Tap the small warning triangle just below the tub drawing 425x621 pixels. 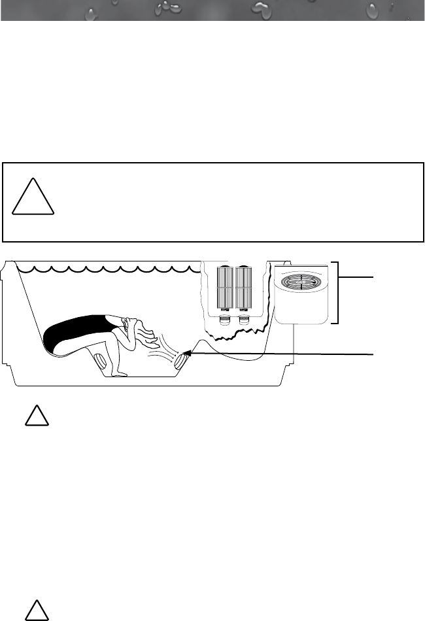(x=37, y=416)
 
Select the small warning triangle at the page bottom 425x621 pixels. (x=37, y=610)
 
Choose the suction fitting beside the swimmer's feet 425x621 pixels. (x=99, y=361)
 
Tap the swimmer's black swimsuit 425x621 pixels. (x=72, y=330)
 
